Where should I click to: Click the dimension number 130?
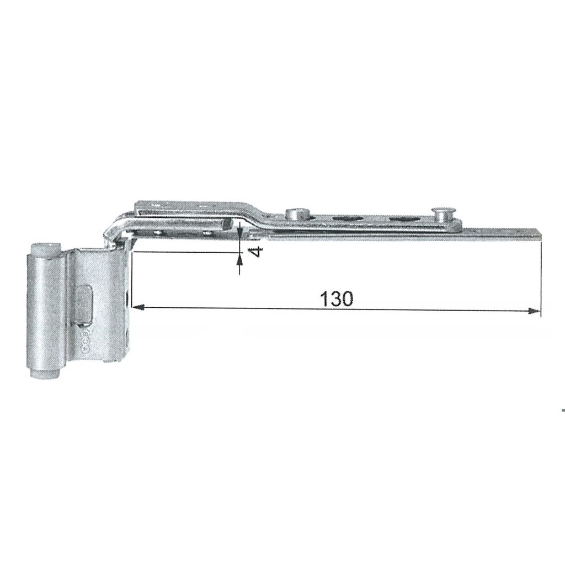336,299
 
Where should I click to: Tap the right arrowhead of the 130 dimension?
534,311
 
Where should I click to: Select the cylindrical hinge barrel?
44,312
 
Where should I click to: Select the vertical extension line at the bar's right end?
541,276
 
